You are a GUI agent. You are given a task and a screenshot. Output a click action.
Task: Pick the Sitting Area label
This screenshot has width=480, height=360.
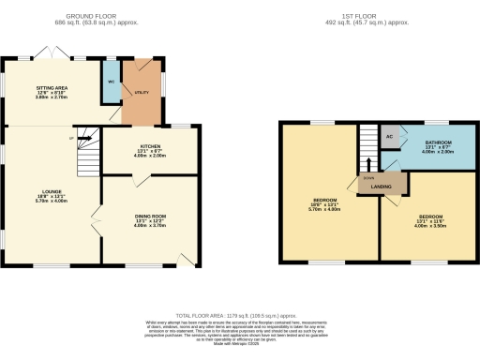pos(52,91)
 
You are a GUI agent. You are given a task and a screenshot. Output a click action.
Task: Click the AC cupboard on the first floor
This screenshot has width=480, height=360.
pos(389,137)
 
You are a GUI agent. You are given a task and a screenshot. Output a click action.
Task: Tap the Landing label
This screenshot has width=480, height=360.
pos(381,186)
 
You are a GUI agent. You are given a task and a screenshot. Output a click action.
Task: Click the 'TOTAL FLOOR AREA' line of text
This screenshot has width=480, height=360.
pos(239,316)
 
